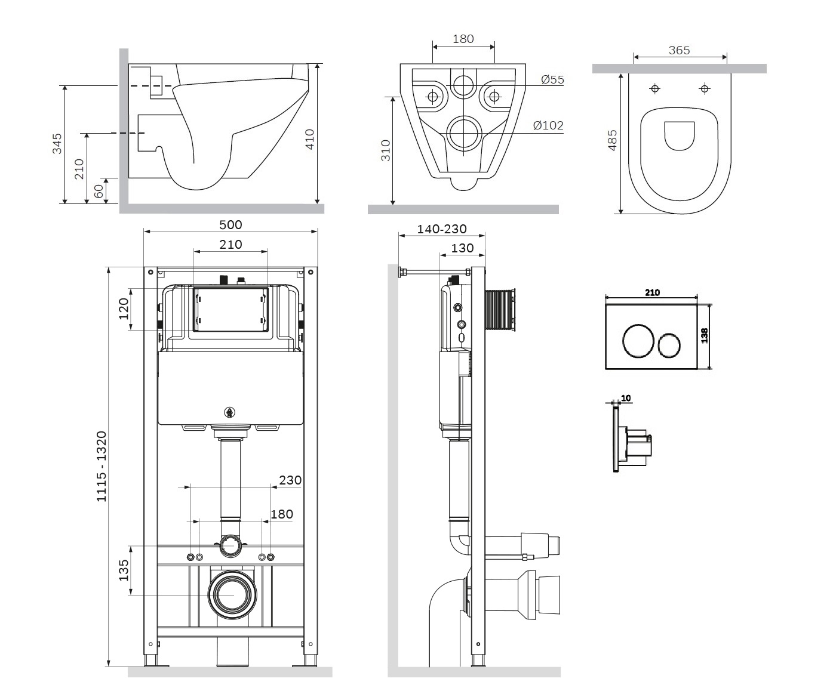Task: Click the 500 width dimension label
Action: tap(230, 225)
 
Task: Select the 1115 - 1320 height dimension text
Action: tap(102, 466)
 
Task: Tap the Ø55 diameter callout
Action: tap(552, 79)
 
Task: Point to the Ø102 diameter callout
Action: tap(548, 125)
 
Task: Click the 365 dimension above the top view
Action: tap(680, 51)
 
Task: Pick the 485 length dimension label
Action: tap(613, 140)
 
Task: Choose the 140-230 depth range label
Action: tap(442, 229)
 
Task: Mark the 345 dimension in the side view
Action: tap(57, 143)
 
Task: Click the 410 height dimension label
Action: tap(310, 139)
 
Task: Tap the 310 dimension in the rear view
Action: tap(386, 150)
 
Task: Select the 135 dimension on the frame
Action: tap(124, 570)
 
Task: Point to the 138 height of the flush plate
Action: tap(705, 335)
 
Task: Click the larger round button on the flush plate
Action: tap(638, 341)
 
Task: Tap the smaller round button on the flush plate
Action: tap(669, 345)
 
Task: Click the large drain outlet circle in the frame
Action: tap(232, 595)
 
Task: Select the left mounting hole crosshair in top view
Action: tap(654, 88)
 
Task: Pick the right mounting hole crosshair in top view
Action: tap(705, 88)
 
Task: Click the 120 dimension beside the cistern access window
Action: tap(124, 308)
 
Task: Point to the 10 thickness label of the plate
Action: tap(626, 398)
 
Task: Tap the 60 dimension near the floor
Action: tap(98, 191)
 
